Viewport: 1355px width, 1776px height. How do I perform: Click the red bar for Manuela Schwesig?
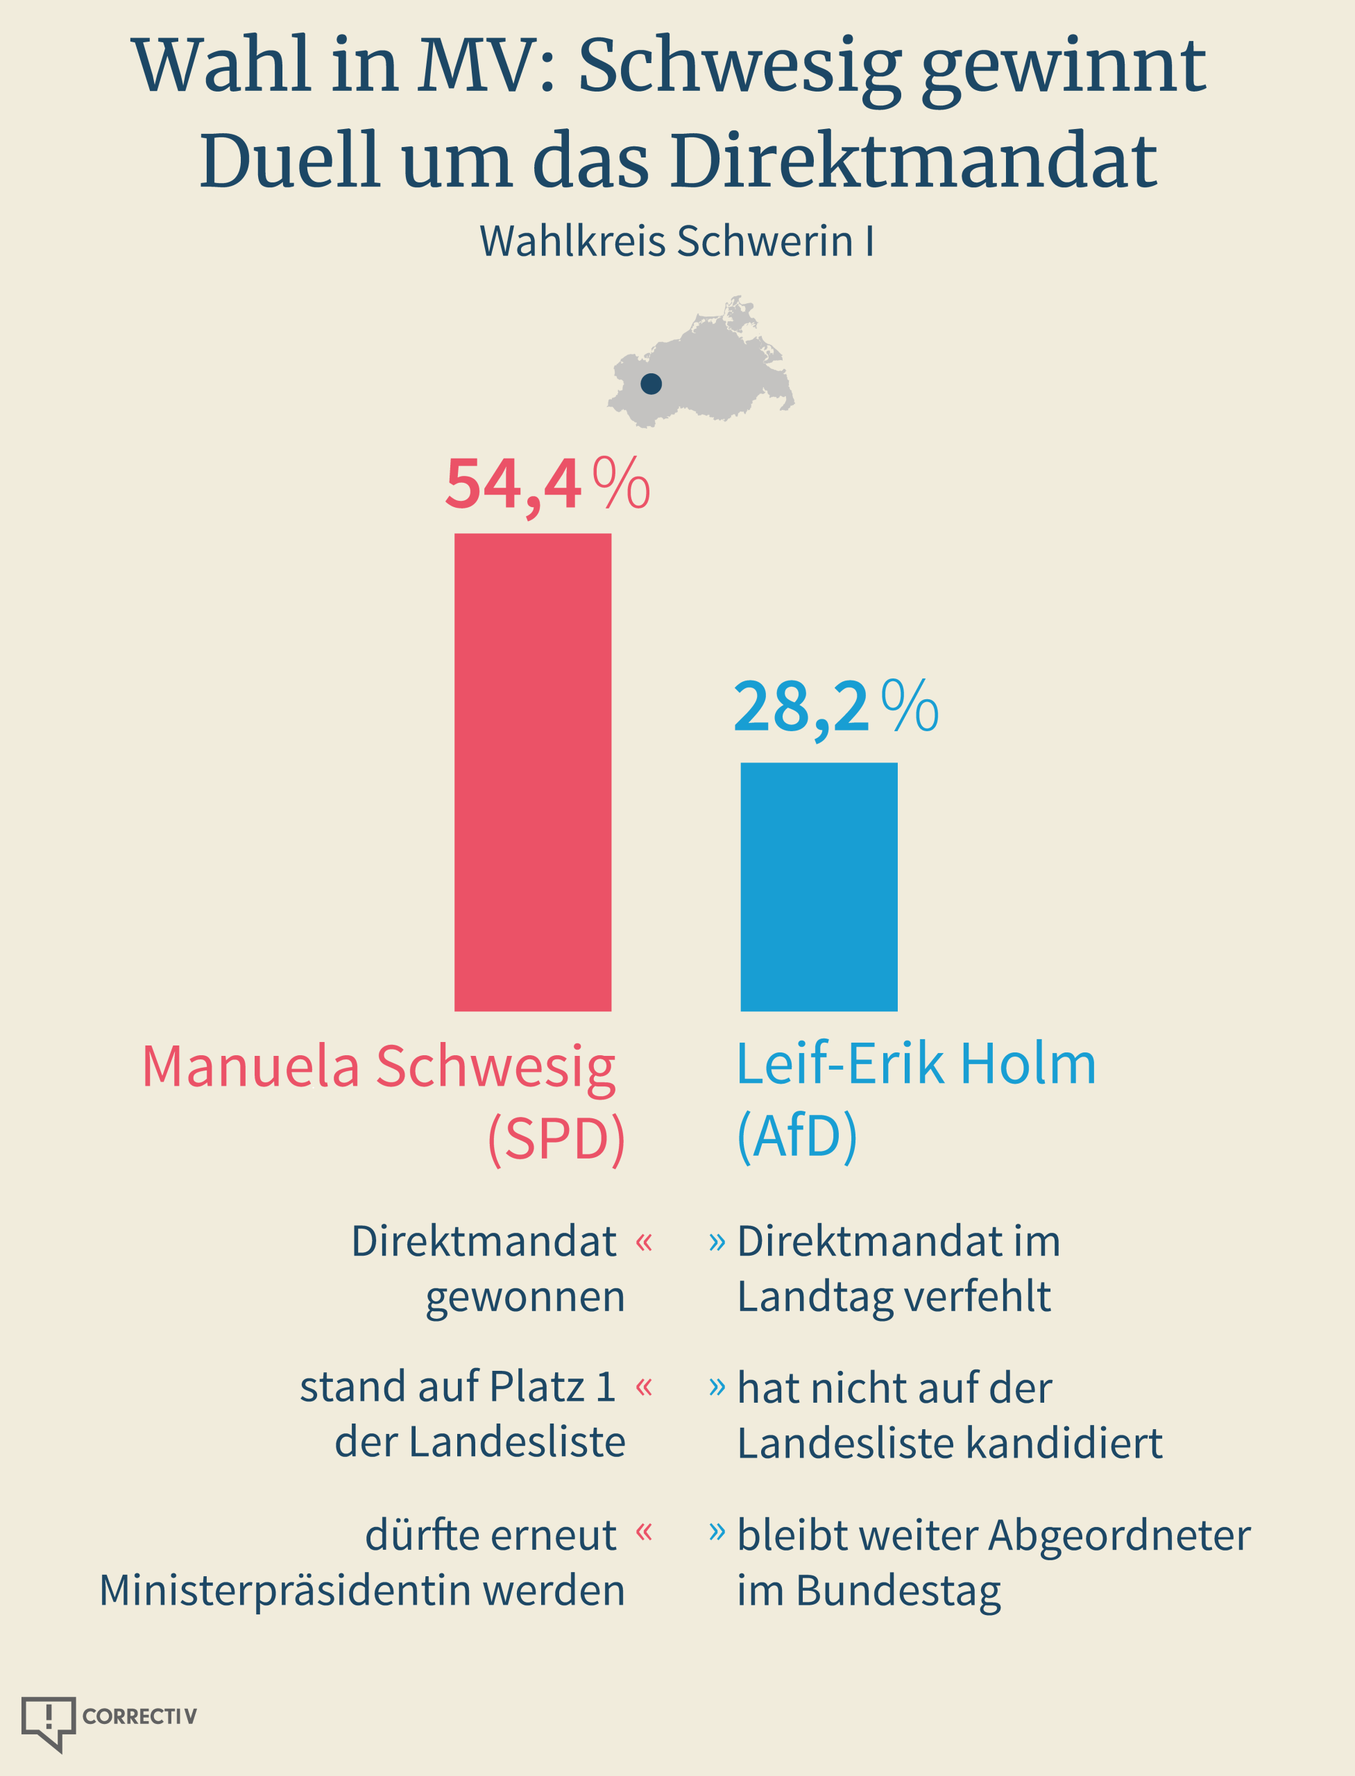pos(532,772)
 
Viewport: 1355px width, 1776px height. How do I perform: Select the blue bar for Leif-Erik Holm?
pos(819,887)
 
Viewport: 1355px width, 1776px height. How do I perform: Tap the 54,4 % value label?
pos(547,485)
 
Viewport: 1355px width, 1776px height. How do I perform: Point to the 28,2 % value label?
pos(835,708)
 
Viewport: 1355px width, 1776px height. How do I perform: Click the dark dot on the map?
pos(651,384)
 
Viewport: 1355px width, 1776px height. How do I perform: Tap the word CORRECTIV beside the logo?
pos(139,1716)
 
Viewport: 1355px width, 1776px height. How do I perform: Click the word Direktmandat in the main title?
pos(914,160)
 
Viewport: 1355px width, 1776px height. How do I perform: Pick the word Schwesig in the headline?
pos(740,69)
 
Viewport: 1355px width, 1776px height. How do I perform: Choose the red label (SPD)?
pos(556,1139)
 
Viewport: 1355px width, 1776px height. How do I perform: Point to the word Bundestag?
pos(898,1592)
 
